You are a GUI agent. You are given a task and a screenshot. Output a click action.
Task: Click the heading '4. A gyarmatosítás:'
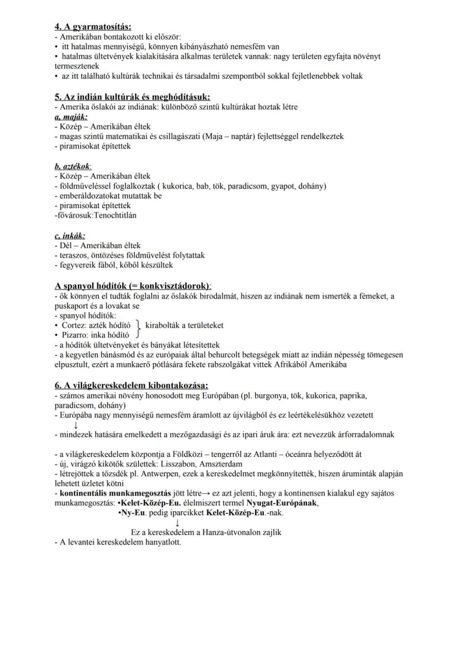click(x=93, y=26)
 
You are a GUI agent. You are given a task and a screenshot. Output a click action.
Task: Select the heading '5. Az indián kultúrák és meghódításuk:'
click(x=132, y=97)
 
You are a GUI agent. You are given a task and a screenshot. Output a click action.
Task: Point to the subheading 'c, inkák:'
click(x=70, y=235)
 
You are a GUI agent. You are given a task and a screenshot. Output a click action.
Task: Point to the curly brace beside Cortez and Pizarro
click(x=137, y=330)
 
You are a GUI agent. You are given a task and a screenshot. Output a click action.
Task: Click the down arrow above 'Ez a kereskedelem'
click(x=177, y=522)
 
